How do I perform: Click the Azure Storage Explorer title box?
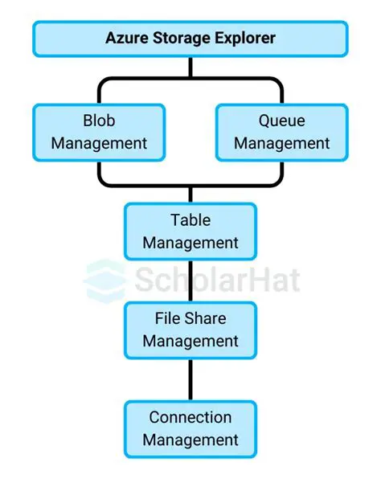[190, 38]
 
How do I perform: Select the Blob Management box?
[99, 132]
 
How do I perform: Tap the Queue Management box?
[281, 132]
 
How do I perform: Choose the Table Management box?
[190, 231]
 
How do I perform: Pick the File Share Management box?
[190, 330]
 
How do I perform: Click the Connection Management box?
[190, 428]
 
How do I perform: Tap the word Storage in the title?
[182, 38]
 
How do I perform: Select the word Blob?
[99, 121]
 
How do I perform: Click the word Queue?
[281, 121]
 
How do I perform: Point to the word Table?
[190, 220]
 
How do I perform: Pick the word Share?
[206, 319]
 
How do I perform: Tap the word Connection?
[190, 418]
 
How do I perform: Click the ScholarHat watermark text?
[217, 280]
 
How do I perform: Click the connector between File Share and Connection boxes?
[190, 379]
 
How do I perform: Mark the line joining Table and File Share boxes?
[190, 280]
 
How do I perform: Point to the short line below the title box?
[190, 68]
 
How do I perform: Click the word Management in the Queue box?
[281, 144]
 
